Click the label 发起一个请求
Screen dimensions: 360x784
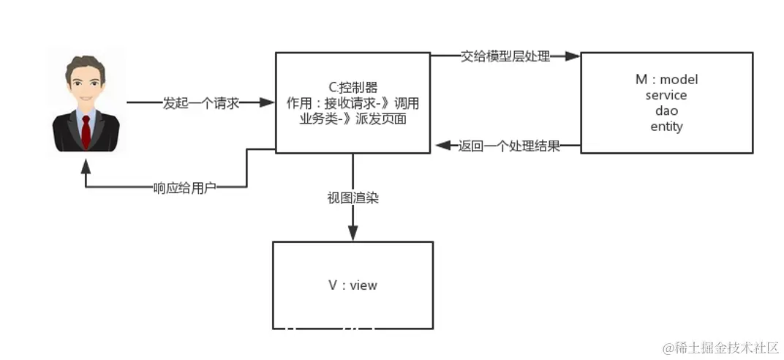pos(201,103)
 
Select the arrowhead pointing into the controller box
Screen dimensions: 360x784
pos(268,103)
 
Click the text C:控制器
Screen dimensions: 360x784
pos(353,86)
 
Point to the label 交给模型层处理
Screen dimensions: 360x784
pos(505,56)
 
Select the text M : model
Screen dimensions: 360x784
pos(666,80)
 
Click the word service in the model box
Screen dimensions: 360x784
pos(666,95)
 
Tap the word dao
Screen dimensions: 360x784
pos(666,110)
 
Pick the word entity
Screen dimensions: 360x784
pos(666,126)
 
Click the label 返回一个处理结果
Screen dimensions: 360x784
pos(509,146)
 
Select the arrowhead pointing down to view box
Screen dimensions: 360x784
pos(353,233)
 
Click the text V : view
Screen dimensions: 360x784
pos(353,285)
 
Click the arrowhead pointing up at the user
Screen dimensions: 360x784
pos(86,165)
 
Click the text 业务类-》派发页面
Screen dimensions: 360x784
pos(353,119)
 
